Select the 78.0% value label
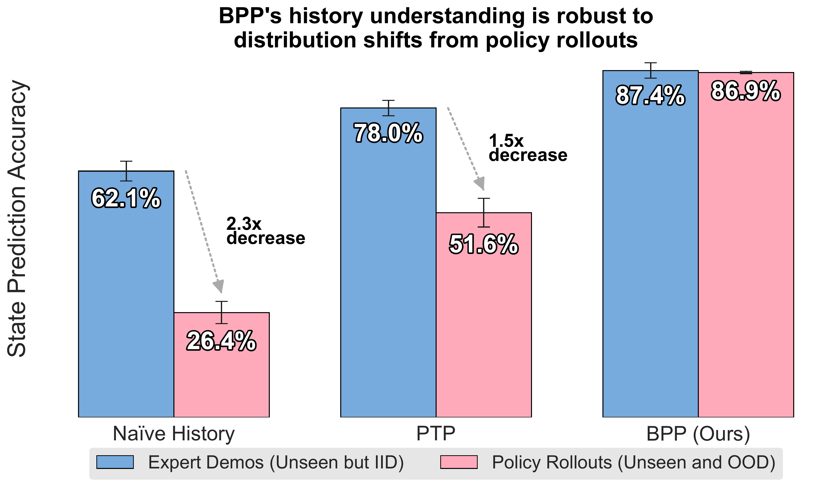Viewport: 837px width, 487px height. [388, 134]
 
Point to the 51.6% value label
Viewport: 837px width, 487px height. [484, 245]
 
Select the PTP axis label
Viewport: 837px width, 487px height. [436, 434]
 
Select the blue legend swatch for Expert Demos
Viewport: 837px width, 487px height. [115, 462]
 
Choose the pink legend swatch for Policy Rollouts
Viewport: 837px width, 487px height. [459, 462]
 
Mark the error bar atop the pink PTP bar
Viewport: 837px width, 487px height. [484, 213]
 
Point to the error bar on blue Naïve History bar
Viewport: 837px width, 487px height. [126, 171]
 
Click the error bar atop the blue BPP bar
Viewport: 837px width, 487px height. [650, 70]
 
